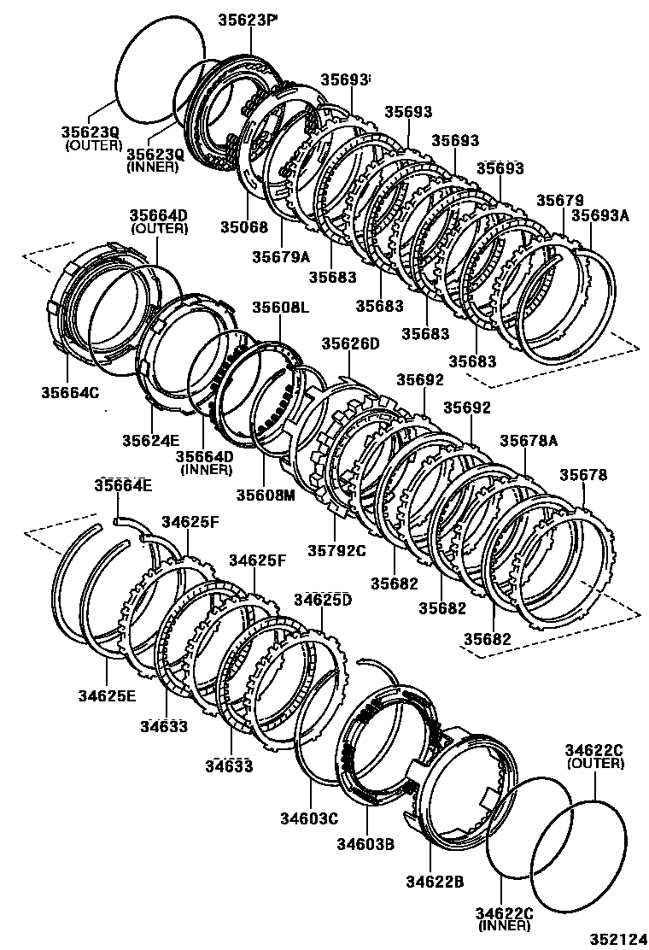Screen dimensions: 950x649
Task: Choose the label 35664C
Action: pos(69,392)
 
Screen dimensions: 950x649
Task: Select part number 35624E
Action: pos(150,441)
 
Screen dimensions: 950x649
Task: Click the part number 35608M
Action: pos(265,495)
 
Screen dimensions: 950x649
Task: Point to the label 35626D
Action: pos(349,343)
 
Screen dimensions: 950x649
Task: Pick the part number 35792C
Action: pos(336,550)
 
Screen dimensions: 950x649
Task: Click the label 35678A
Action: pos(529,440)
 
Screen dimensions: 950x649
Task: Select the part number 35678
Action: pos(583,475)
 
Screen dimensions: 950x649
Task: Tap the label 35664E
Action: pos(123,485)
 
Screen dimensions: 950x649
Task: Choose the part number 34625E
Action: pos(106,695)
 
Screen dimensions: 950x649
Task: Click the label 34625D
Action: pos(322,599)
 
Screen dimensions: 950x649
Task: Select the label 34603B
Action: pos(365,846)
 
